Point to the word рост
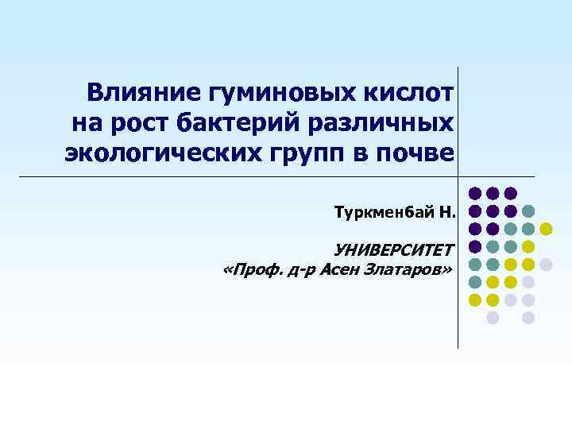tap(144, 123)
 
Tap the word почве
tap(417, 152)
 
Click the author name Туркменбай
tap(384, 212)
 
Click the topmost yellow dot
tap(546, 229)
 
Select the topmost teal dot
tap(528, 211)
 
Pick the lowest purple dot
tap(475, 246)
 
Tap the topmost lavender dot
tap(546, 264)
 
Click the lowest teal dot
tap(475, 282)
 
